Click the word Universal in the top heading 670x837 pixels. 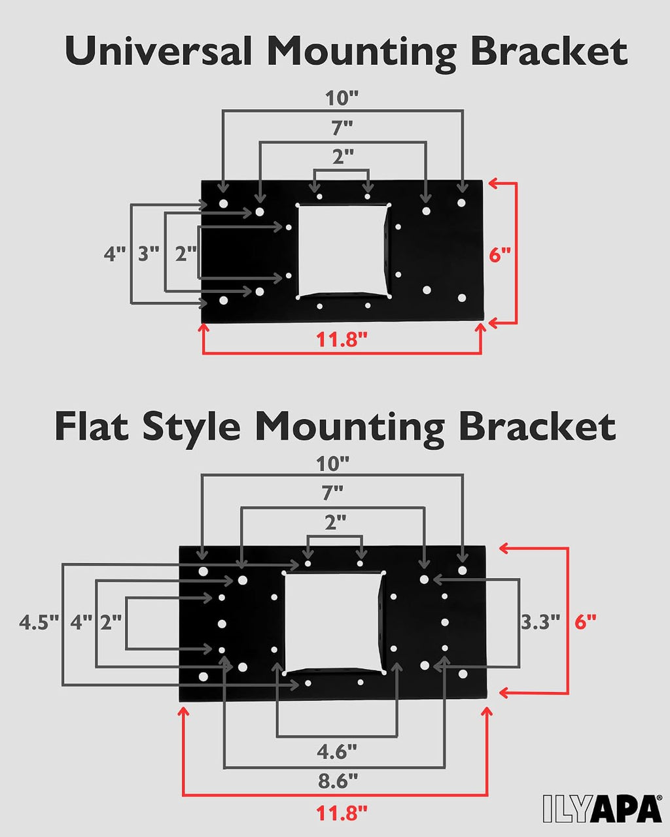[158, 50]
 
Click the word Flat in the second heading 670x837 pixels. [92, 426]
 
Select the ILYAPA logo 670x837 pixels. [602, 808]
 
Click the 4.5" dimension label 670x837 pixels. [39, 623]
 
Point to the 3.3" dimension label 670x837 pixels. [540, 622]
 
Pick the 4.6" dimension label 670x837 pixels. [337, 752]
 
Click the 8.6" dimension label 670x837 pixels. [338, 781]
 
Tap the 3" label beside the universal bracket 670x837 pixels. [149, 254]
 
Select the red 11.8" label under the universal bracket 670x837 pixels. [342, 339]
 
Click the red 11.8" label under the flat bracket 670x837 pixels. [342, 813]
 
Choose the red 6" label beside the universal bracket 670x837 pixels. [499, 255]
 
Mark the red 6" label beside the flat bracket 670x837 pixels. [586, 623]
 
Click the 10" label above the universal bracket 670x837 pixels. [342, 98]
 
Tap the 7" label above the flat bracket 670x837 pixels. [332, 493]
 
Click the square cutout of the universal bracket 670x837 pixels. [343, 251]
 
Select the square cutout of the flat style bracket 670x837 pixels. [333, 623]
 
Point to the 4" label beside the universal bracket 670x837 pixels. [115, 254]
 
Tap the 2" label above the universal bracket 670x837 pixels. [343, 156]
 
